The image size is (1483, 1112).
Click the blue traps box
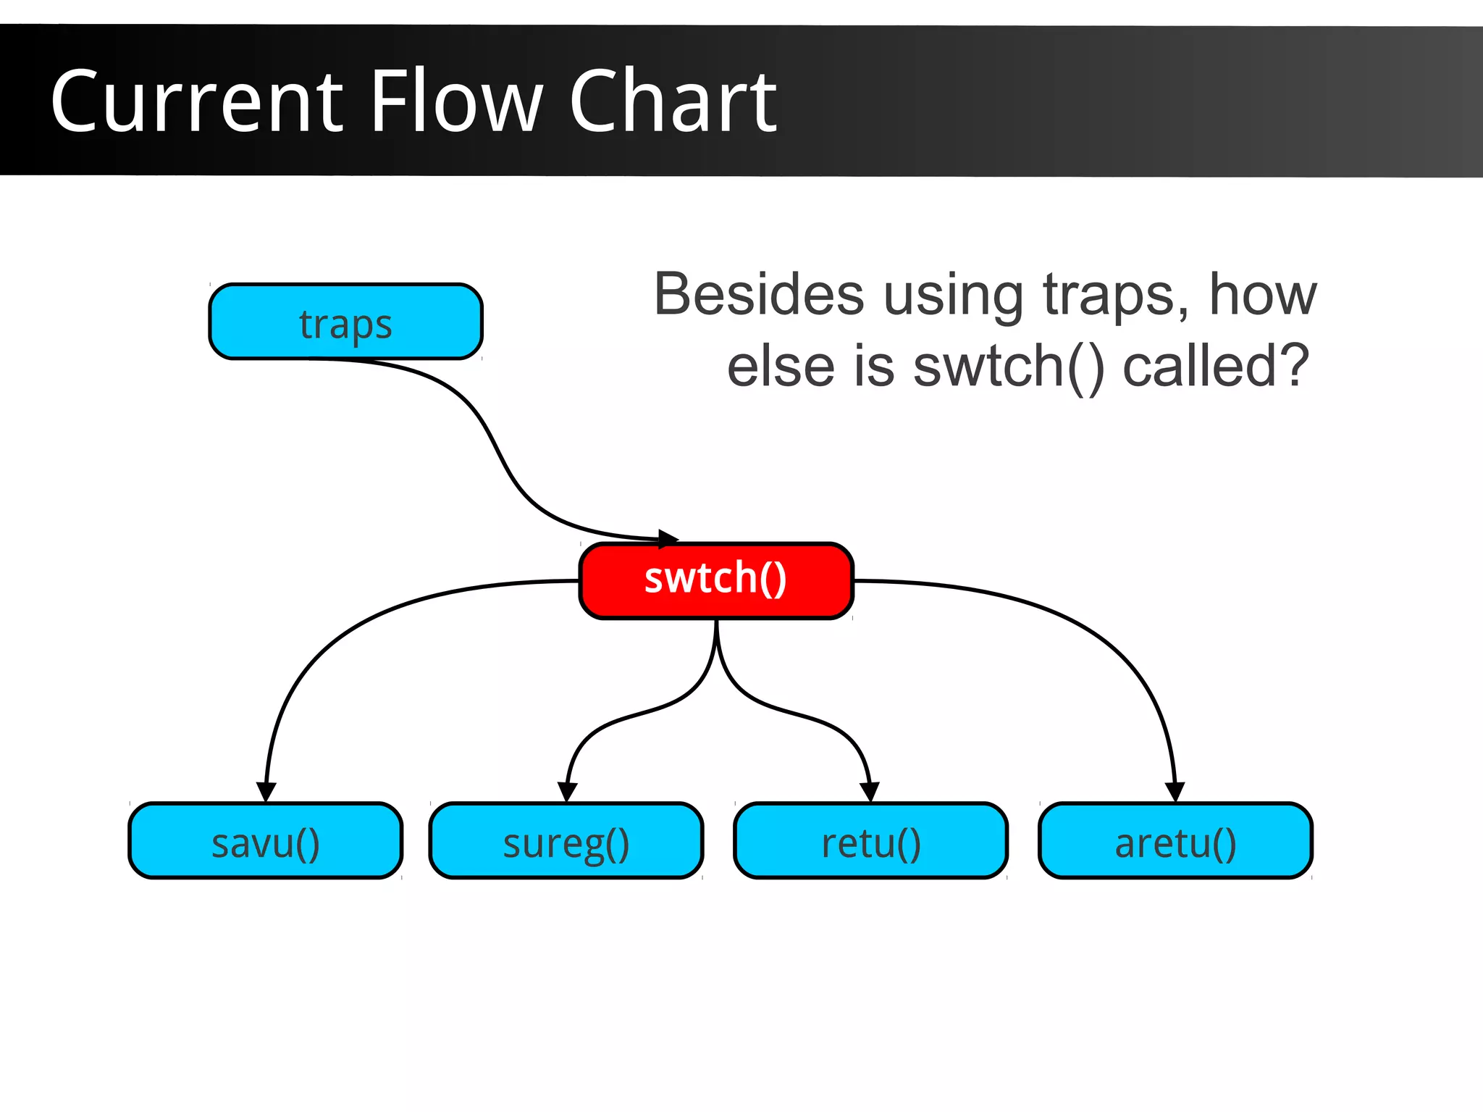345,322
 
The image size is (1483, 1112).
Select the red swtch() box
715,580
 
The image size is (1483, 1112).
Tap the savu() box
265,841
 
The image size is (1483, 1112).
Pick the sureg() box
566,841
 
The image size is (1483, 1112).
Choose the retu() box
870,841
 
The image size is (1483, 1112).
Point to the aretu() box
1175,841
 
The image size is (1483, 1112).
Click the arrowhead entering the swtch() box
668,539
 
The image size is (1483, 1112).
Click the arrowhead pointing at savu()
266,792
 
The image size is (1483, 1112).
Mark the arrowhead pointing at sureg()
567,792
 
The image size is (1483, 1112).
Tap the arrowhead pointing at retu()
870,792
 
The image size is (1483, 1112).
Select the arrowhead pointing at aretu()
1175,792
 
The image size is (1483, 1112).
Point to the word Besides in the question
758,295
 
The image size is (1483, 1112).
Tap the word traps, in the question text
1115,296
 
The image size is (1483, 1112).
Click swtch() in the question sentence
1009,367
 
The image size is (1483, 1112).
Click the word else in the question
781,367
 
